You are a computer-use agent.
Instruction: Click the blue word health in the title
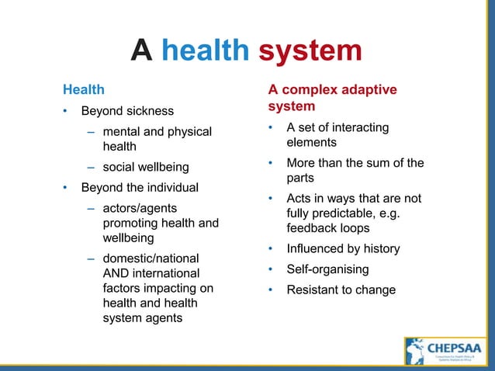tap(205, 51)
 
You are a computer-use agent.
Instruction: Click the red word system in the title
tap(310, 51)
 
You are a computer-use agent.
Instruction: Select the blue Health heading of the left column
tap(83, 90)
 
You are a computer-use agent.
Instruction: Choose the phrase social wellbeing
tap(145, 167)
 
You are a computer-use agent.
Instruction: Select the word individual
tap(171, 187)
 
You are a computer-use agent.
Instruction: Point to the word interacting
tap(358, 127)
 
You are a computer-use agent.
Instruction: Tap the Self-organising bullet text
tap(327, 269)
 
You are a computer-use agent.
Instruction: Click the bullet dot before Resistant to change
tap(270, 290)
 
